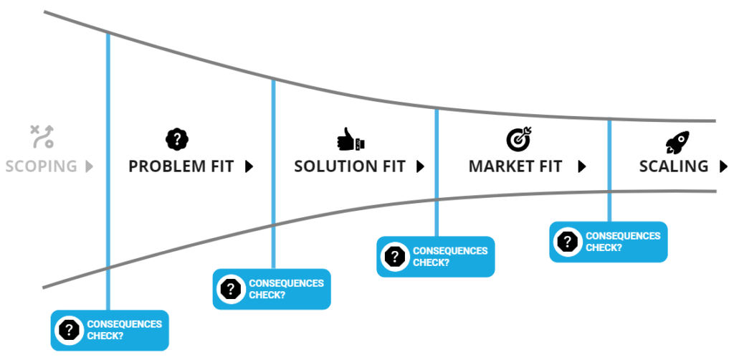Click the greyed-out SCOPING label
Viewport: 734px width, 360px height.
(41, 166)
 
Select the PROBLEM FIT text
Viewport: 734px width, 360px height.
(181, 166)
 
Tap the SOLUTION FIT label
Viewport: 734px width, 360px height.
(350, 166)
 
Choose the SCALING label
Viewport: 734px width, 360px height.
(674, 166)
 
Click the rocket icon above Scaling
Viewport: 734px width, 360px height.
(677, 141)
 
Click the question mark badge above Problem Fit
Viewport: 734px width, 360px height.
(176, 138)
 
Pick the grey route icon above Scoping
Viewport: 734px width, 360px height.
(42, 136)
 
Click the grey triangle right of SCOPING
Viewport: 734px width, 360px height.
(89, 166)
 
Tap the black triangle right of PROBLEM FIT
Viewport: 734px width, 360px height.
(249, 166)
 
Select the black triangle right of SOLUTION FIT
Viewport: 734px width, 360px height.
(420, 166)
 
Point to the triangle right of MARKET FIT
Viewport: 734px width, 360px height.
(582, 166)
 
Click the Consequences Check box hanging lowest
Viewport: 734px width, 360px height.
(110, 330)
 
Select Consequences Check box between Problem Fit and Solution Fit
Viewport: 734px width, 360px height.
(272, 289)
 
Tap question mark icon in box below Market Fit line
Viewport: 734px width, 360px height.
(394, 257)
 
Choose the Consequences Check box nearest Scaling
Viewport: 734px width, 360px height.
(609, 242)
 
